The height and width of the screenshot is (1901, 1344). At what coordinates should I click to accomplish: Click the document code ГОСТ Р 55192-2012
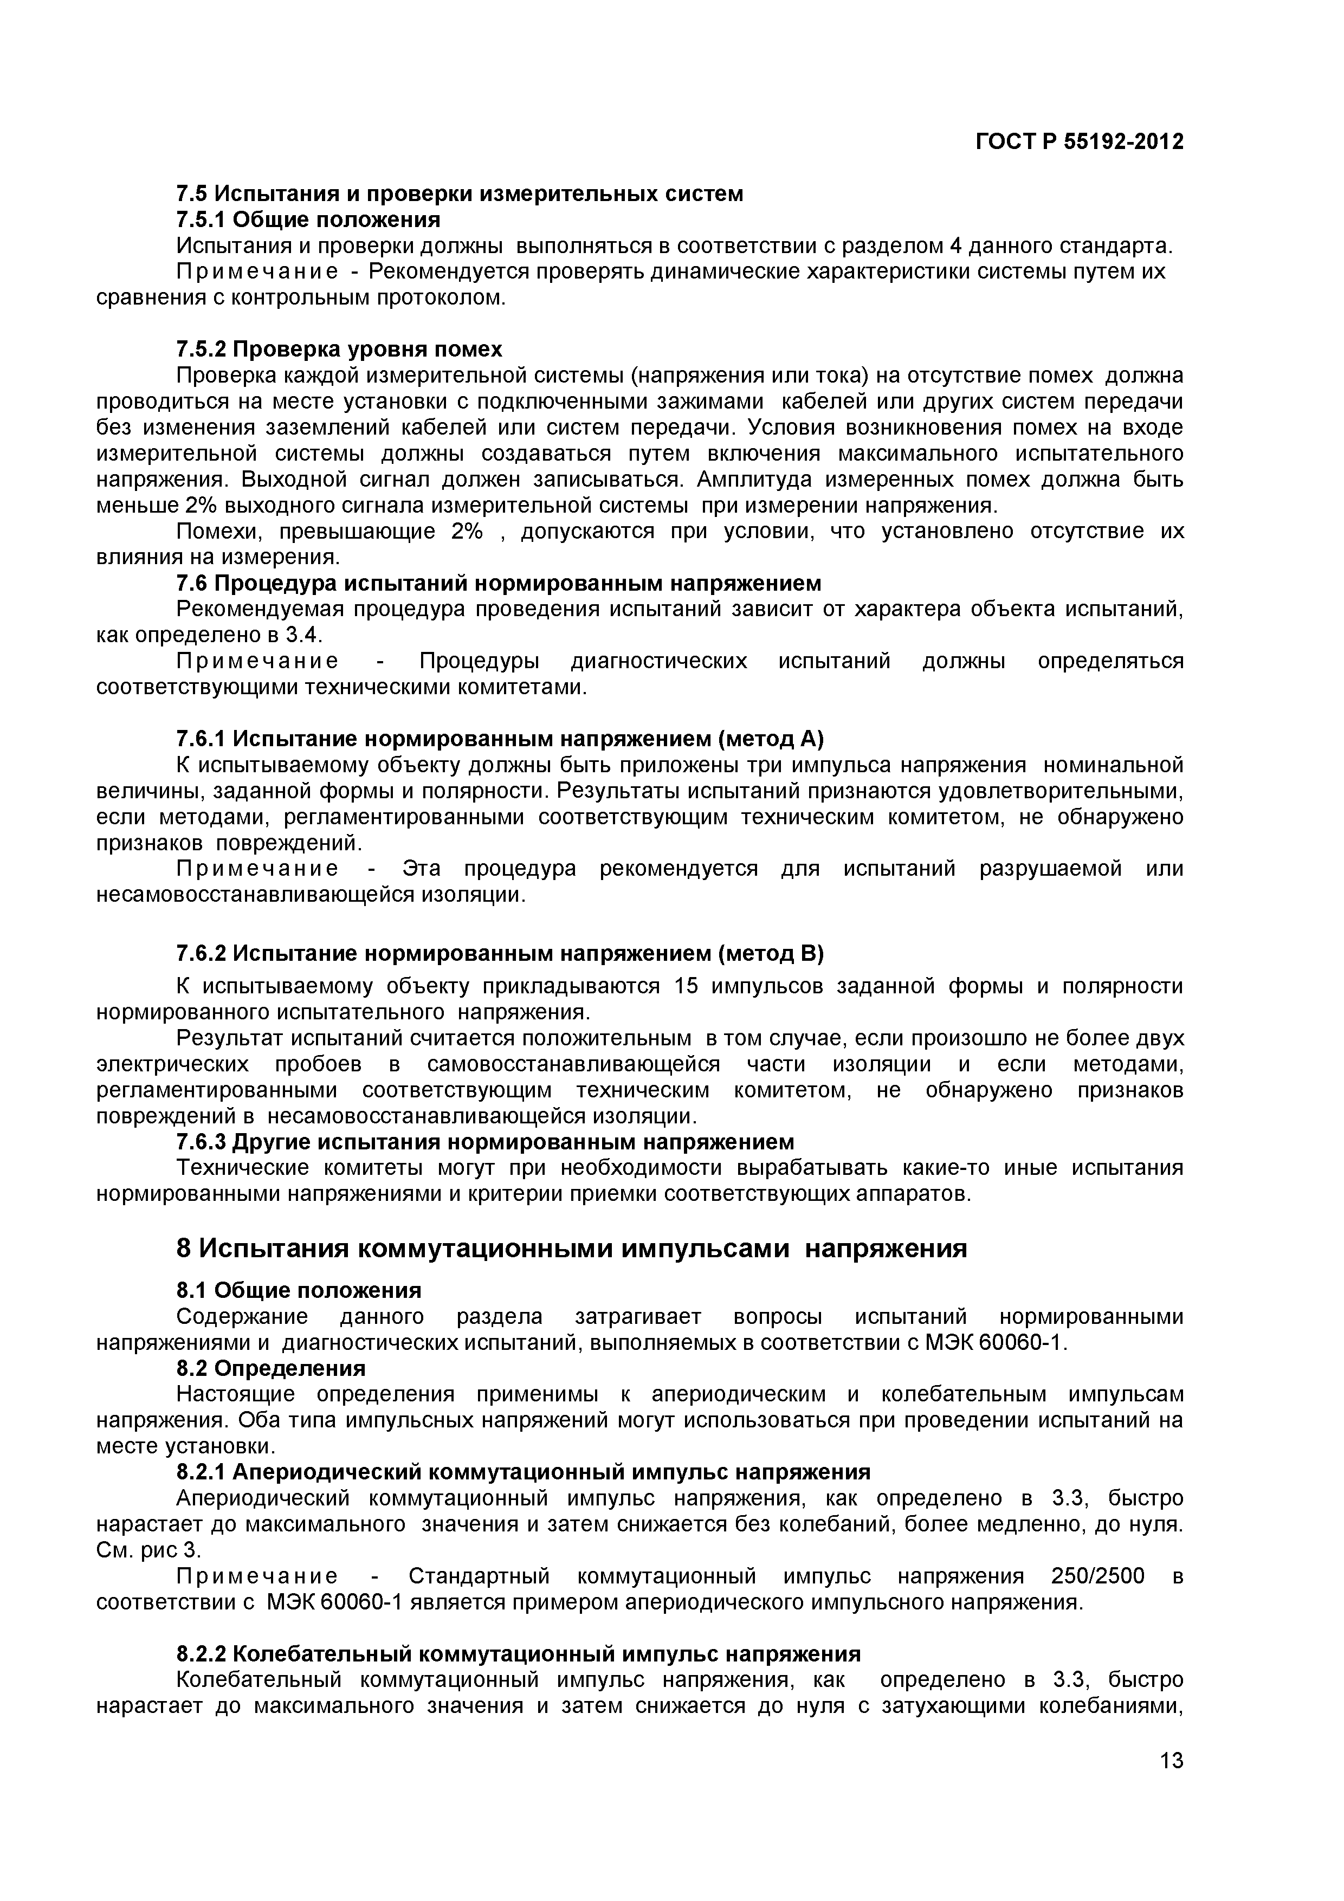[1079, 143]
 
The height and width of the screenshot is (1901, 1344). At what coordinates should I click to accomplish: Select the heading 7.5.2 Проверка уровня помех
[339, 350]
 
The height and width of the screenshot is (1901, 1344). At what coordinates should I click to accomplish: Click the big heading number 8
[185, 1248]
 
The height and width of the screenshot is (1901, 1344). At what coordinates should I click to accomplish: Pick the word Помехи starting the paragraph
[218, 531]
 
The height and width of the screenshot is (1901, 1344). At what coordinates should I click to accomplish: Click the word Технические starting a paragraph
[243, 1167]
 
